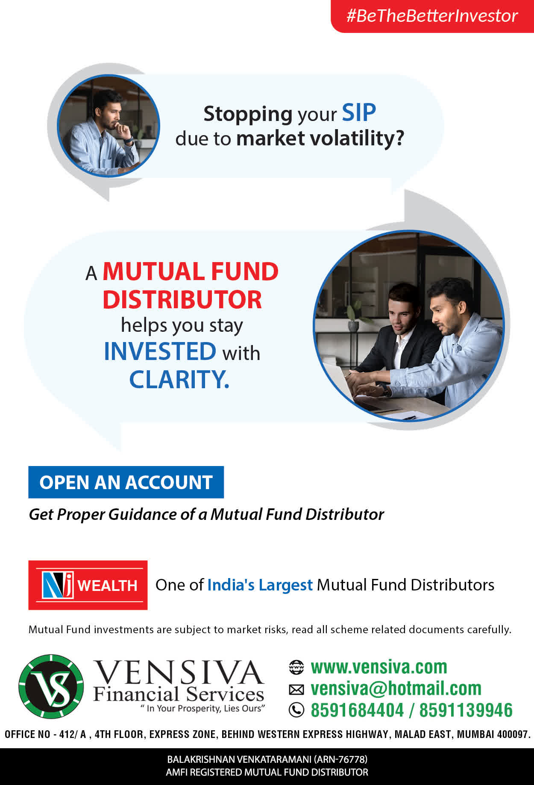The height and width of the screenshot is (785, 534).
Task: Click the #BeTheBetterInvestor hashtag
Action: click(432, 16)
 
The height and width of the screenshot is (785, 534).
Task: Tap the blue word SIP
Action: click(359, 113)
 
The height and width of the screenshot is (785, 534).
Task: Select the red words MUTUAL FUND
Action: click(191, 272)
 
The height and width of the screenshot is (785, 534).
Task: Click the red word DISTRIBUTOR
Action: click(182, 299)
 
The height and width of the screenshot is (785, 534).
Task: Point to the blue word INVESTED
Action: click(160, 351)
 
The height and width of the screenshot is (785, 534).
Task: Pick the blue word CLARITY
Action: click(179, 379)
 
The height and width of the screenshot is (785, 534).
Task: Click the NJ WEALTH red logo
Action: click(88, 585)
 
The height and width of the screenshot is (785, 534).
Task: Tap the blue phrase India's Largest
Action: click(260, 585)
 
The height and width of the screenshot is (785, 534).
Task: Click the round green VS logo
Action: click(51, 687)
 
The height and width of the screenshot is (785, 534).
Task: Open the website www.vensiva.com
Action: click(379, 667)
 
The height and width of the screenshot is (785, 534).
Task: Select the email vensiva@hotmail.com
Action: click(396, 688)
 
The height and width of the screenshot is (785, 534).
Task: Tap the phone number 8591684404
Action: click(357, 710)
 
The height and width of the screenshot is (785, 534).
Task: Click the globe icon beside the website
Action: click(296, 667)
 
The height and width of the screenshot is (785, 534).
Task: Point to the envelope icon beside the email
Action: click(296, 689)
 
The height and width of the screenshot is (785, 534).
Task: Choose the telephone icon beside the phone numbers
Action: click(296, 710)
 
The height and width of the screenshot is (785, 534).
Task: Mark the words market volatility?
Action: click(320, 139)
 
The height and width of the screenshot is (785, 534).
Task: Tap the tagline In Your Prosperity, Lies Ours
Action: click(203, 708)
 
